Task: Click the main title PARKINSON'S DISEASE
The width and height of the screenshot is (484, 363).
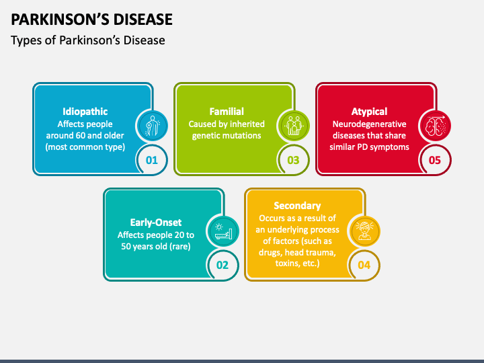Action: click(x=91, y=19)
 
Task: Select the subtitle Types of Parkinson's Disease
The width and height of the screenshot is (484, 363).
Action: click(x=88, y=40)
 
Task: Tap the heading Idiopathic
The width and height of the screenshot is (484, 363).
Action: click(x=85, y=112)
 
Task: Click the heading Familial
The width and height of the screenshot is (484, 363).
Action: click(x=227, y=112)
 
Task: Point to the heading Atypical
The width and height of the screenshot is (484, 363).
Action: click(x=369, y=112)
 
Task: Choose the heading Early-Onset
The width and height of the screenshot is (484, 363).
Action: click(x=156, y=223)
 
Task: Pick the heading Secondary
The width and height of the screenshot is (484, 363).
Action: click(x=297, y=206)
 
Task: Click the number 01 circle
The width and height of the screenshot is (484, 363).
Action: click(x=151, y=160)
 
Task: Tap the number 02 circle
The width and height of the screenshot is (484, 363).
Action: click(x=223, y=265)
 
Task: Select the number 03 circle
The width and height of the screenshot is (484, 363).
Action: click(x=293, y=160)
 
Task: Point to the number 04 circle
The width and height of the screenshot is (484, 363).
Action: click(x=364, y=265)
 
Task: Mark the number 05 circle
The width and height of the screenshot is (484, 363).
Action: click(x=435, y=160)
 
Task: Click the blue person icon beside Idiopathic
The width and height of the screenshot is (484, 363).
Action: click(x=151, y=126)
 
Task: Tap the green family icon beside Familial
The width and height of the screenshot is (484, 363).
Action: click(x=294, y=126)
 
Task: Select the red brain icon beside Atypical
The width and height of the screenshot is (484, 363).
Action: click(x=435, y=126)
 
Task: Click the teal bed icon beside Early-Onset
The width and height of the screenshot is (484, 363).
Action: click(x=223, y=231)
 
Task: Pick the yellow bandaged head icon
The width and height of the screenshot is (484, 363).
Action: click(x=364, y=231)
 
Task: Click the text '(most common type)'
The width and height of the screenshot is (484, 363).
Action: click(x=85, y=147)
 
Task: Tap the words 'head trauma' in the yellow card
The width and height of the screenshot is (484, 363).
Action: click(x=310, y=252)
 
